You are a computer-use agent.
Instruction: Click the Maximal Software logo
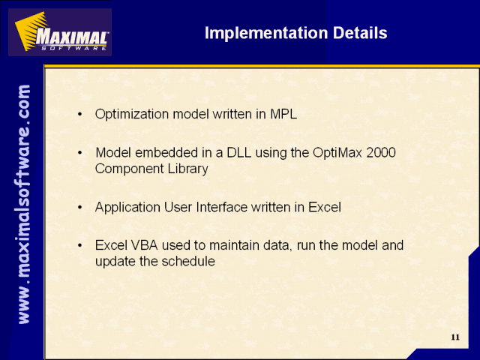click(x=60, y=32)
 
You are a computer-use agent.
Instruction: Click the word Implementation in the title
click(x=266, y=33)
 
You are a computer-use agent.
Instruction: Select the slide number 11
click(x=455, y=337)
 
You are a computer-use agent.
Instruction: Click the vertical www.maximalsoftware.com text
click(x=24, y=204)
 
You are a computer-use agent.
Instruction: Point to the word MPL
click(x=283, y=114)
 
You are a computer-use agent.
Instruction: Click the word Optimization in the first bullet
click(x=132, y=115)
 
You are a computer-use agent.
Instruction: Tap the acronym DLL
click(x=239, y=152)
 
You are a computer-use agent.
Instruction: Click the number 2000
click(x=381, y=152)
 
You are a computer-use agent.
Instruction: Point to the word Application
click(x=127, y=208)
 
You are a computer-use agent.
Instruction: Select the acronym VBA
click(x=145, y=245)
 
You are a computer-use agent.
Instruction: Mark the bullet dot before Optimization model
click(x=80, y=115)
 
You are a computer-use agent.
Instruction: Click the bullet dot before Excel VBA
click(x=80, y=245)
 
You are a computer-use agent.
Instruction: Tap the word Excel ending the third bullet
click(x=325, y=207)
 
